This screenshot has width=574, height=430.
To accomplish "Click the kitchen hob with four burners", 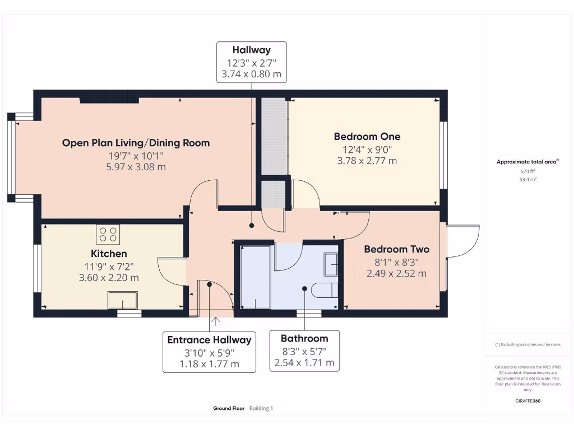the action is tap(108, 235).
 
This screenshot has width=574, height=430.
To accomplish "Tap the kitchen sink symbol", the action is tap(123, 300).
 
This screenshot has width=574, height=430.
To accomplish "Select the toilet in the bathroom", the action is tap(325, 290).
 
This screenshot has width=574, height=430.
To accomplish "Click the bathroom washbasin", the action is tap(331, 264).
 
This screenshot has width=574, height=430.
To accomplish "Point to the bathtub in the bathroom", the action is tap(256, 277).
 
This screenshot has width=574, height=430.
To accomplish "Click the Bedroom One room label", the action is tap(367, 137).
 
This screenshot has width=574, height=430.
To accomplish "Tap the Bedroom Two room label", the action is tap(397, 249).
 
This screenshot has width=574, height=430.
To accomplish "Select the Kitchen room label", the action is tap(109, 254).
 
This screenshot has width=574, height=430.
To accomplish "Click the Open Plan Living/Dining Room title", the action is tap(136, 143).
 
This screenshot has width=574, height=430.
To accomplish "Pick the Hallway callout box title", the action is tap(252, 50).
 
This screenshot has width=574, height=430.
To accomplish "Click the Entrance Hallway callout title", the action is tap(210, 340).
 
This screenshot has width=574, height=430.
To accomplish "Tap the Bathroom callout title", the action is tap(304, 339).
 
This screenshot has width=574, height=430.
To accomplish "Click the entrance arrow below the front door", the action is tap(216, 321).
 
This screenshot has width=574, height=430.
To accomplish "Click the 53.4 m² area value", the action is tap(528, 180).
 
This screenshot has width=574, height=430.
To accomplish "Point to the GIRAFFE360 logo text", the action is tap(528, 401).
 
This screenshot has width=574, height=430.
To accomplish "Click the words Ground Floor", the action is tap(229, 408).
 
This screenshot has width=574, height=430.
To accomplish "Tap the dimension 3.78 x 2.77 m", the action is tap(367, 161).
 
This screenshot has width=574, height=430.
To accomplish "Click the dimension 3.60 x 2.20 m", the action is tap(109, 278).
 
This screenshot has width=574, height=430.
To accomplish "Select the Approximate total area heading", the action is tap(527, 162).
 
